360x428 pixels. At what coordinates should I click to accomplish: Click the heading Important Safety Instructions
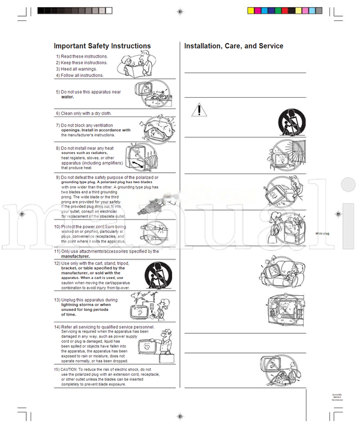[102, 46]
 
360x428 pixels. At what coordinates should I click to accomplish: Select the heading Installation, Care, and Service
[233, 46]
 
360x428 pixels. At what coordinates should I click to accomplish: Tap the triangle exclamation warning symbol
[199, 109]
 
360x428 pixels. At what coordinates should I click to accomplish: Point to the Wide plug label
[322, 233]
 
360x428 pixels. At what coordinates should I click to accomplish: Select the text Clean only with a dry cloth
[86, 113]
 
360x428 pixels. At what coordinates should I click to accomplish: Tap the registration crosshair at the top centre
[180, 11]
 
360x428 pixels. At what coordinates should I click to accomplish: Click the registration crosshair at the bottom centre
[180, 416]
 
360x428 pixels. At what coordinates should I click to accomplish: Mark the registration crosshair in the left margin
[21, 214]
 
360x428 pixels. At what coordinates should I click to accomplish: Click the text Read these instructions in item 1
[85, 56]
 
